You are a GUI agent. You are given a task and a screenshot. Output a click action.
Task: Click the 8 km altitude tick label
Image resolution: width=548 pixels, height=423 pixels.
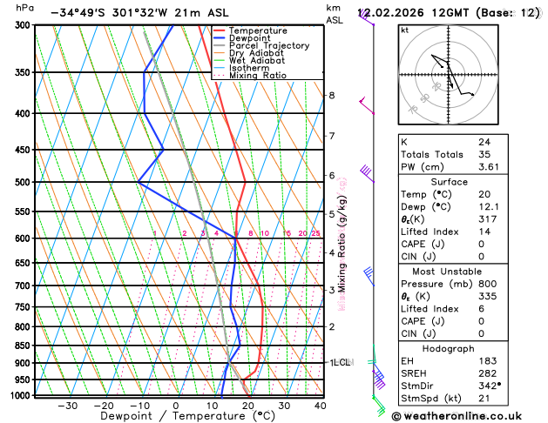click(331, 95)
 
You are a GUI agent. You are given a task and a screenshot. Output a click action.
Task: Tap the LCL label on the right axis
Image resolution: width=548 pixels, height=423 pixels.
click(342, 362)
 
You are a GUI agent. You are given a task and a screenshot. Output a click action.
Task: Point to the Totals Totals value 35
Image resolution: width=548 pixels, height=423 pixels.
click(484, 154)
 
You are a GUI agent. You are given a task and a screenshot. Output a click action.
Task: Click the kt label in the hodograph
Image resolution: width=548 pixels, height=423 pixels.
click(404, 30)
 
